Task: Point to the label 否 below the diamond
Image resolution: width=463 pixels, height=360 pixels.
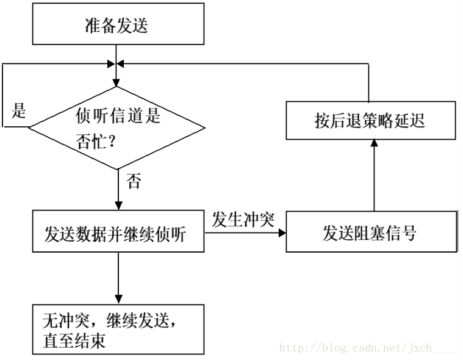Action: click(x=133, y=181)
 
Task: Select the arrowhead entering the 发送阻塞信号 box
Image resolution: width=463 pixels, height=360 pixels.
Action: click(x=283, y=232)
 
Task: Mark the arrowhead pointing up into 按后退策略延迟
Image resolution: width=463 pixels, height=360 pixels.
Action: click(x=374, y=143)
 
